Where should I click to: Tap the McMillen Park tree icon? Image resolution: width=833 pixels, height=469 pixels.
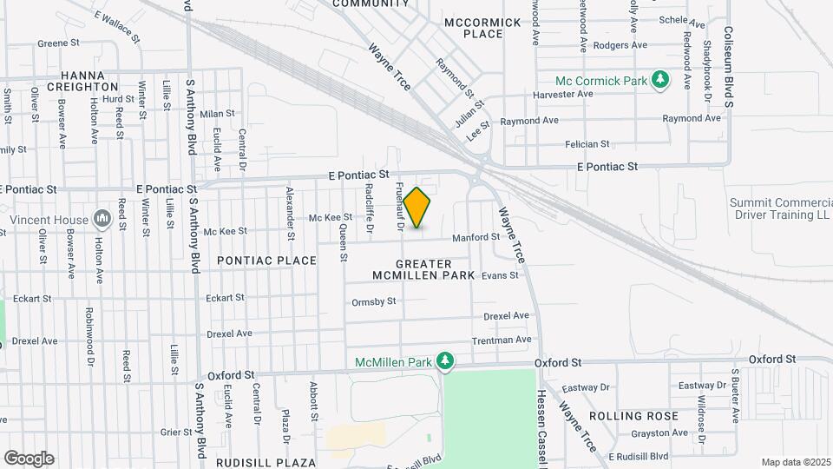[446, 360]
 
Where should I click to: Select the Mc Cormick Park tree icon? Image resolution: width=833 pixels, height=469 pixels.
[661, 81]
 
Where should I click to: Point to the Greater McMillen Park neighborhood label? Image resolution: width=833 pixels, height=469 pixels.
[423, 269]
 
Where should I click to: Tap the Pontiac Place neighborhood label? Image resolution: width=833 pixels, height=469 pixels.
[266, 261]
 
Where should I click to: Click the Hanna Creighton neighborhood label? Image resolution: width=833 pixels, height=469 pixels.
[82, 81]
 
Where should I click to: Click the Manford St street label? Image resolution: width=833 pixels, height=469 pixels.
[476, 237]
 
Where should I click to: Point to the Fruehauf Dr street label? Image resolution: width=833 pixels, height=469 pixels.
[400, 206]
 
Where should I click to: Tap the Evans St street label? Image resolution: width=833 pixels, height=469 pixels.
[500, 275]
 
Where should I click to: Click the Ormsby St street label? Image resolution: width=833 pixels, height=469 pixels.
[374, 302]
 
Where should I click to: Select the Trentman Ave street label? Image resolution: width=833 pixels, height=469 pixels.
[501, 340]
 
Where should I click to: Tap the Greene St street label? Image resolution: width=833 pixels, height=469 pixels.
[59, 43]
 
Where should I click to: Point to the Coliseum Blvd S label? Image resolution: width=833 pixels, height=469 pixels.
[730, 52]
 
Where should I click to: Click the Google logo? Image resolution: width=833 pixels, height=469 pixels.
[29, 458]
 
